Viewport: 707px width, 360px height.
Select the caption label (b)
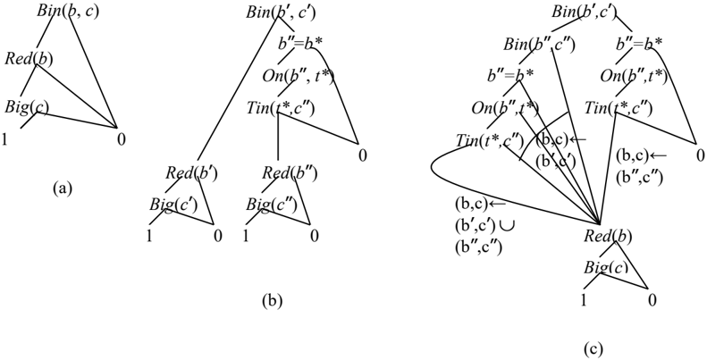coord(272,301)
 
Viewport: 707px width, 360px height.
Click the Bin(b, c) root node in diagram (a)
coord(68,12)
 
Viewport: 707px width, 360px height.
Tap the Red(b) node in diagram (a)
coord(29,59)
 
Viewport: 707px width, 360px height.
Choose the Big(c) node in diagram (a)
coord(27,107)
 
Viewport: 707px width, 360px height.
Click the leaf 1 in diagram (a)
coord(4,140)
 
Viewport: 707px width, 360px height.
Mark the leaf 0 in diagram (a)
coord(121,140)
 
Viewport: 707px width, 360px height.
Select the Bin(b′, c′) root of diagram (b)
coord(280,12)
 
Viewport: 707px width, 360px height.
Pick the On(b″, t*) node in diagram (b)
coord(298,76)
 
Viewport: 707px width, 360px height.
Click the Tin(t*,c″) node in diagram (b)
coord(280,108)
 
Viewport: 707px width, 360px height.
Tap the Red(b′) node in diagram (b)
coord(191,172)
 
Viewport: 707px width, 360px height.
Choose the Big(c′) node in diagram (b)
coord(173,205)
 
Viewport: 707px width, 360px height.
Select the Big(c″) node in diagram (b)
coord(272,205)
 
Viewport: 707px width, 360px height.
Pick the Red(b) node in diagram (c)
coord(608,236)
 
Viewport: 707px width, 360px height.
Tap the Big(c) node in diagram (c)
coord(606,268)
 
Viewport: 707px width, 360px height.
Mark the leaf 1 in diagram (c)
coord(584,300)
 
